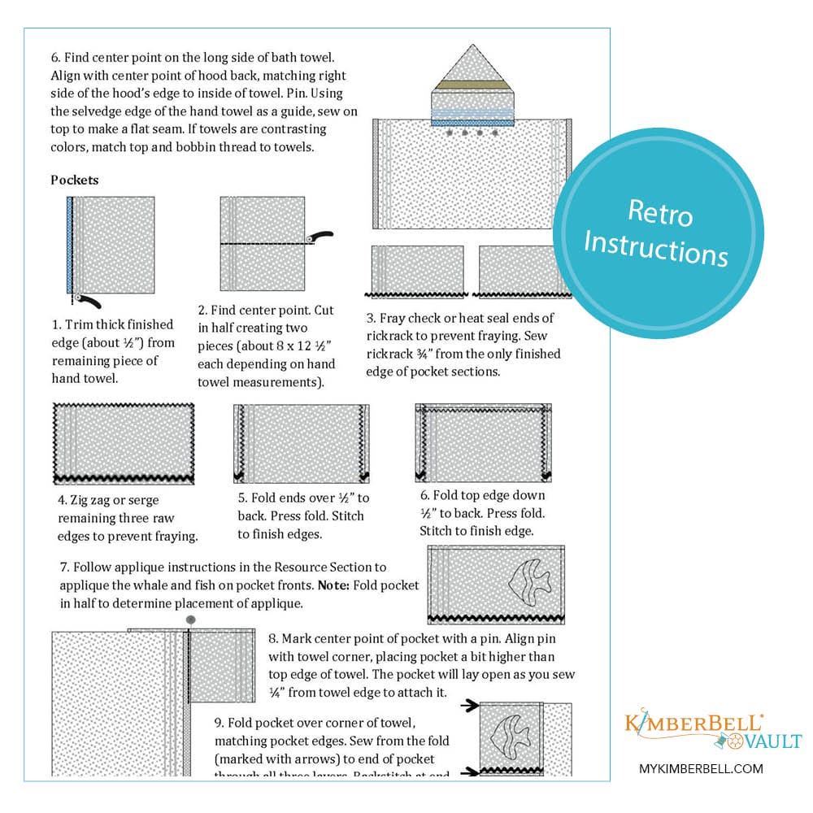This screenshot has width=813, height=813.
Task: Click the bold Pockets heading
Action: click(x=75, y=180)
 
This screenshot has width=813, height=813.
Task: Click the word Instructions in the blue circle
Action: click(x=655, y=248)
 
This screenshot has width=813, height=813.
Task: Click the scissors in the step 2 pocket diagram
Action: click(x=320, y=237)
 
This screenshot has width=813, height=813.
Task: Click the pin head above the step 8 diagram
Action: click(x=191, y=620)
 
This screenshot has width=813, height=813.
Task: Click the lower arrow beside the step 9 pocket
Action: click(x=467, y=772)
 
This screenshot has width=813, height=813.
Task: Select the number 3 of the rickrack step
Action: click(x=370, y=318)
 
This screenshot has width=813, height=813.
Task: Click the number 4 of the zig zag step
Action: click(x=62, y=500)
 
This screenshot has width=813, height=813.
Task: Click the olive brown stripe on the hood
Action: click(x=472, y=85)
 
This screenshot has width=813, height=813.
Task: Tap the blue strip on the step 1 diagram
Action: click(x=71, y=244)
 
